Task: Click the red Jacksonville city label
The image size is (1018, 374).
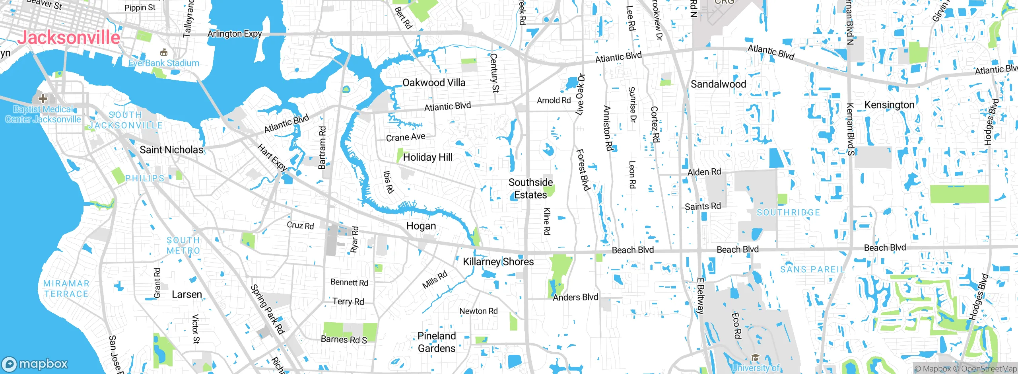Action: pyautogui.click(x=68, y=38)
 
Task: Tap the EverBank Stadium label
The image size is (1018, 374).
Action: pyautogui.click(x=164, y=63)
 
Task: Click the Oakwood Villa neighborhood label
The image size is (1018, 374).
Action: pyautogui.click(x=434, y=83)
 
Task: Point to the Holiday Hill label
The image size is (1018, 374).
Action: pyautogui.click(x=428, y=157)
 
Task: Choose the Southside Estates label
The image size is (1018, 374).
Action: pyautogui.click(x=530, y=189)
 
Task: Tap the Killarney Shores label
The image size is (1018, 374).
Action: pyautogui.click(x=498, y=261)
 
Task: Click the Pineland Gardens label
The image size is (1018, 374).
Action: pyautogui.click(x=437, y=342)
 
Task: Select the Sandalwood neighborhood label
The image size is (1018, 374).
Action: pyautogui.click(x=718, y=84)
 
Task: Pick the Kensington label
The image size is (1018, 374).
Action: pyautogui.click(x=890, y=105)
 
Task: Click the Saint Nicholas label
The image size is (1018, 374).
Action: pyautogui.click(x=171, y=150)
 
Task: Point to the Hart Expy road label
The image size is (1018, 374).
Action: pyautogui.click(x=272, y=158)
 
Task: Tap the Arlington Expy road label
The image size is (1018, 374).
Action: pyautogui.click(x=235, y=34)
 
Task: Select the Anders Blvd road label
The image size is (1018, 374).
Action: pyautogui.click(x=575, y=297)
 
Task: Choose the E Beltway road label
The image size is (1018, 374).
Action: pyautogui.click(x=700, y=296)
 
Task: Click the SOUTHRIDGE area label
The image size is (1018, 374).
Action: pyautogui.click(x=788, y=212)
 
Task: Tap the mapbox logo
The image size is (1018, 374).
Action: pyautogui.click(x=35, y=364)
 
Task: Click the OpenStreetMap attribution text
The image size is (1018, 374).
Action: pyautogui.click(x=989, y=369)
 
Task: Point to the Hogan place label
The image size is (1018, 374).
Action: pyautogui.click(x=421, y=226)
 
